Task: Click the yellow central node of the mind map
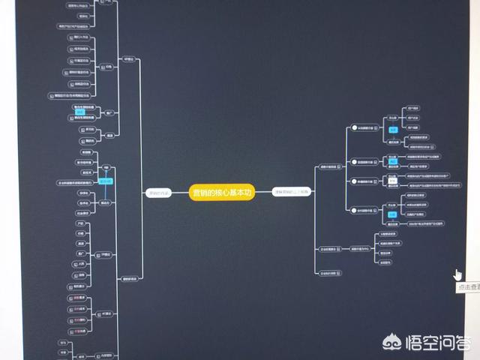pyautogui.click(x=222, y=192)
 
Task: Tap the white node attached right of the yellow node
pyautogui.click(x=291, y=192)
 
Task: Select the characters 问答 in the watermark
pyautogui.click(x=454, y=343)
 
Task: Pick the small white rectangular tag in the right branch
pyautogui.click(x=391, y=179)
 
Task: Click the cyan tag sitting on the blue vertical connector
pyautogui.click(x=106, y=181)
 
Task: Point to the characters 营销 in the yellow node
pyautogui.click(x=200, y=192)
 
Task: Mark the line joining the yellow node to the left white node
pyautogui.click(x=180, y=192)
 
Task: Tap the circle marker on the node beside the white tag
pyautogui.click(x=354, y=181)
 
